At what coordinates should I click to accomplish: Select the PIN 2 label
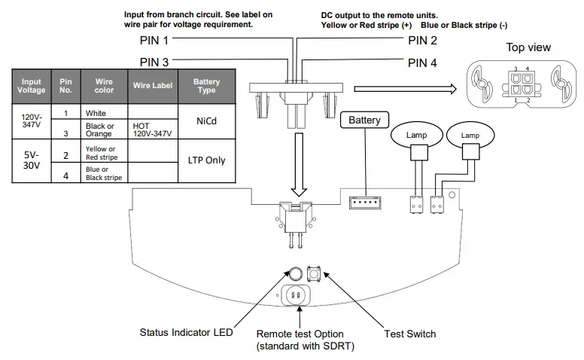tap(422, 40)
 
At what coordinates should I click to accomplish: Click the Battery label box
tap(364, 120)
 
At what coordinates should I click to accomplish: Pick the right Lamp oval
tap(470, 135)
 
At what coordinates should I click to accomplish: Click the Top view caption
tap(528, 47)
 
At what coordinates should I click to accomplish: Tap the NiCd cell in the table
tap(205, 120)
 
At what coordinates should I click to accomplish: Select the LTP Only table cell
tap(205, 160)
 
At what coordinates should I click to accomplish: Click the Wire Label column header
tap(153, 85)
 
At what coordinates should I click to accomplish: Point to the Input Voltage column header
tap(32, 85)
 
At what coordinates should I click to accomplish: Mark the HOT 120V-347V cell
tap(153, 130)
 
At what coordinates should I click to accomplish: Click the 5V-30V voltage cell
tap(32, 160)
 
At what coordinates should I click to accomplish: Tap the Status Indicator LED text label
tap(186, 333)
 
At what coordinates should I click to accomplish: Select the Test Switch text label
tap(409, 333)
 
